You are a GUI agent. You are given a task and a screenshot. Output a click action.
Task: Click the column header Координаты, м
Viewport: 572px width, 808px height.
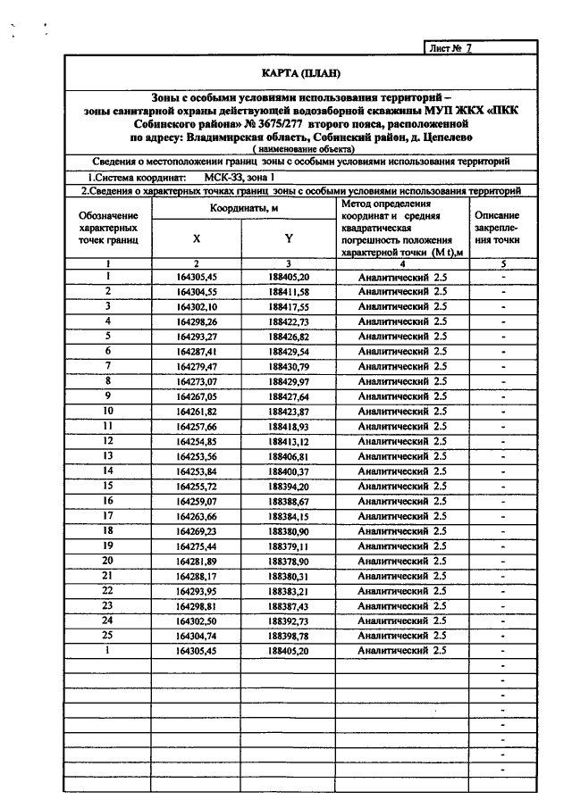pyautogui.click(x=241, y=207)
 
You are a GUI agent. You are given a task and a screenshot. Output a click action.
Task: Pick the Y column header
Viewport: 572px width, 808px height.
pyautogui.click(x=288, y=238)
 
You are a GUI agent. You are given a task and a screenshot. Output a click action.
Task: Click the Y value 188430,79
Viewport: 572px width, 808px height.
pyautogui.click(x=288, y=366)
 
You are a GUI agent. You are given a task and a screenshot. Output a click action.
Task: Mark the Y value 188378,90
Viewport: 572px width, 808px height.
pyautogui.click(x=288, y=561)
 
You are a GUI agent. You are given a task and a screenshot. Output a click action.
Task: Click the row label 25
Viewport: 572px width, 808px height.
pyautogui.click(x=108, y=635)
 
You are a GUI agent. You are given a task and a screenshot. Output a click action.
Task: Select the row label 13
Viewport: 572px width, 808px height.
pyautogui.click(x=108, y=455)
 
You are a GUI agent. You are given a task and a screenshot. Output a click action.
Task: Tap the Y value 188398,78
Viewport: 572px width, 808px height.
pyautogui.click(x=288, y=636)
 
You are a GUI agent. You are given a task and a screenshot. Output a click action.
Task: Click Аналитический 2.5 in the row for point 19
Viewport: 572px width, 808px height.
pyautogui.click(x=401, y=546)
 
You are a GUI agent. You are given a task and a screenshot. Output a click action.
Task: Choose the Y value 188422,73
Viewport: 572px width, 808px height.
pyautogui.click(x=288, y=321)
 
